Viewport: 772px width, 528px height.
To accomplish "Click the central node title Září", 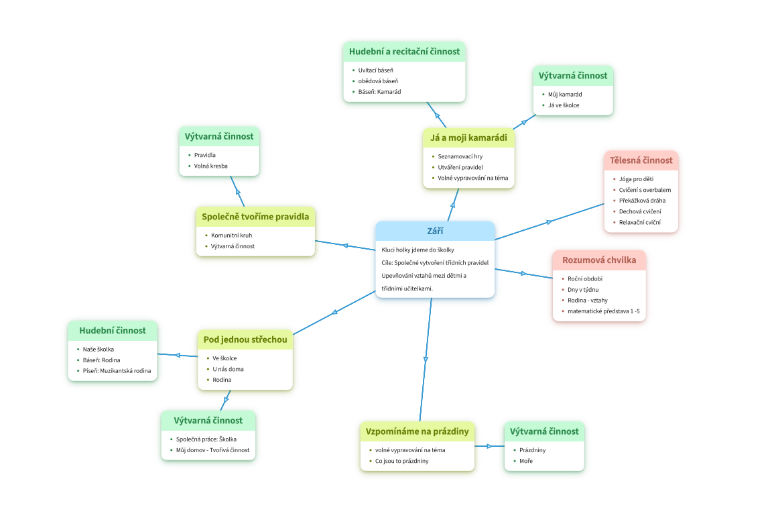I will coord(435,231).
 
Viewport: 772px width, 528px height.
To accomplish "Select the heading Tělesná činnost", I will coord(641,160).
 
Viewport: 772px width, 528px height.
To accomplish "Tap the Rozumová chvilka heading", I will coord(599,260).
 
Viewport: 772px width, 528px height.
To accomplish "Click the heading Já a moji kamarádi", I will coord(468,139).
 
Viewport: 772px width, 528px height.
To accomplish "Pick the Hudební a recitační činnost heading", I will coord(404,52).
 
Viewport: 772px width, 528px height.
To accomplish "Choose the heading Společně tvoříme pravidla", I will coord(255,217).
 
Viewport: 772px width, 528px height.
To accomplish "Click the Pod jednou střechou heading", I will coord(245,339).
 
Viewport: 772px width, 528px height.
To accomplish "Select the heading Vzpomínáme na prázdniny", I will coord(417,431).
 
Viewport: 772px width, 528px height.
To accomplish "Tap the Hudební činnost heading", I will coord(113,330).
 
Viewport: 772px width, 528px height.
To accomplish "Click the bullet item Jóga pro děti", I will coord(636,179).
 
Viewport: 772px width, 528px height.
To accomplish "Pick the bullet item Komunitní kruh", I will coord(231,235).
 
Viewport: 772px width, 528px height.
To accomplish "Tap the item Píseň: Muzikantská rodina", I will coord(117,370).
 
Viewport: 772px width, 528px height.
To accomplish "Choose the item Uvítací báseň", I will coord(375,70).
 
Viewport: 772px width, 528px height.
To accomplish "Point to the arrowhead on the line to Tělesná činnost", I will coord(550,221).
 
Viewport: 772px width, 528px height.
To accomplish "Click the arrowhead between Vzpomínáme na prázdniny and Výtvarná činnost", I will coord(490,446).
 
